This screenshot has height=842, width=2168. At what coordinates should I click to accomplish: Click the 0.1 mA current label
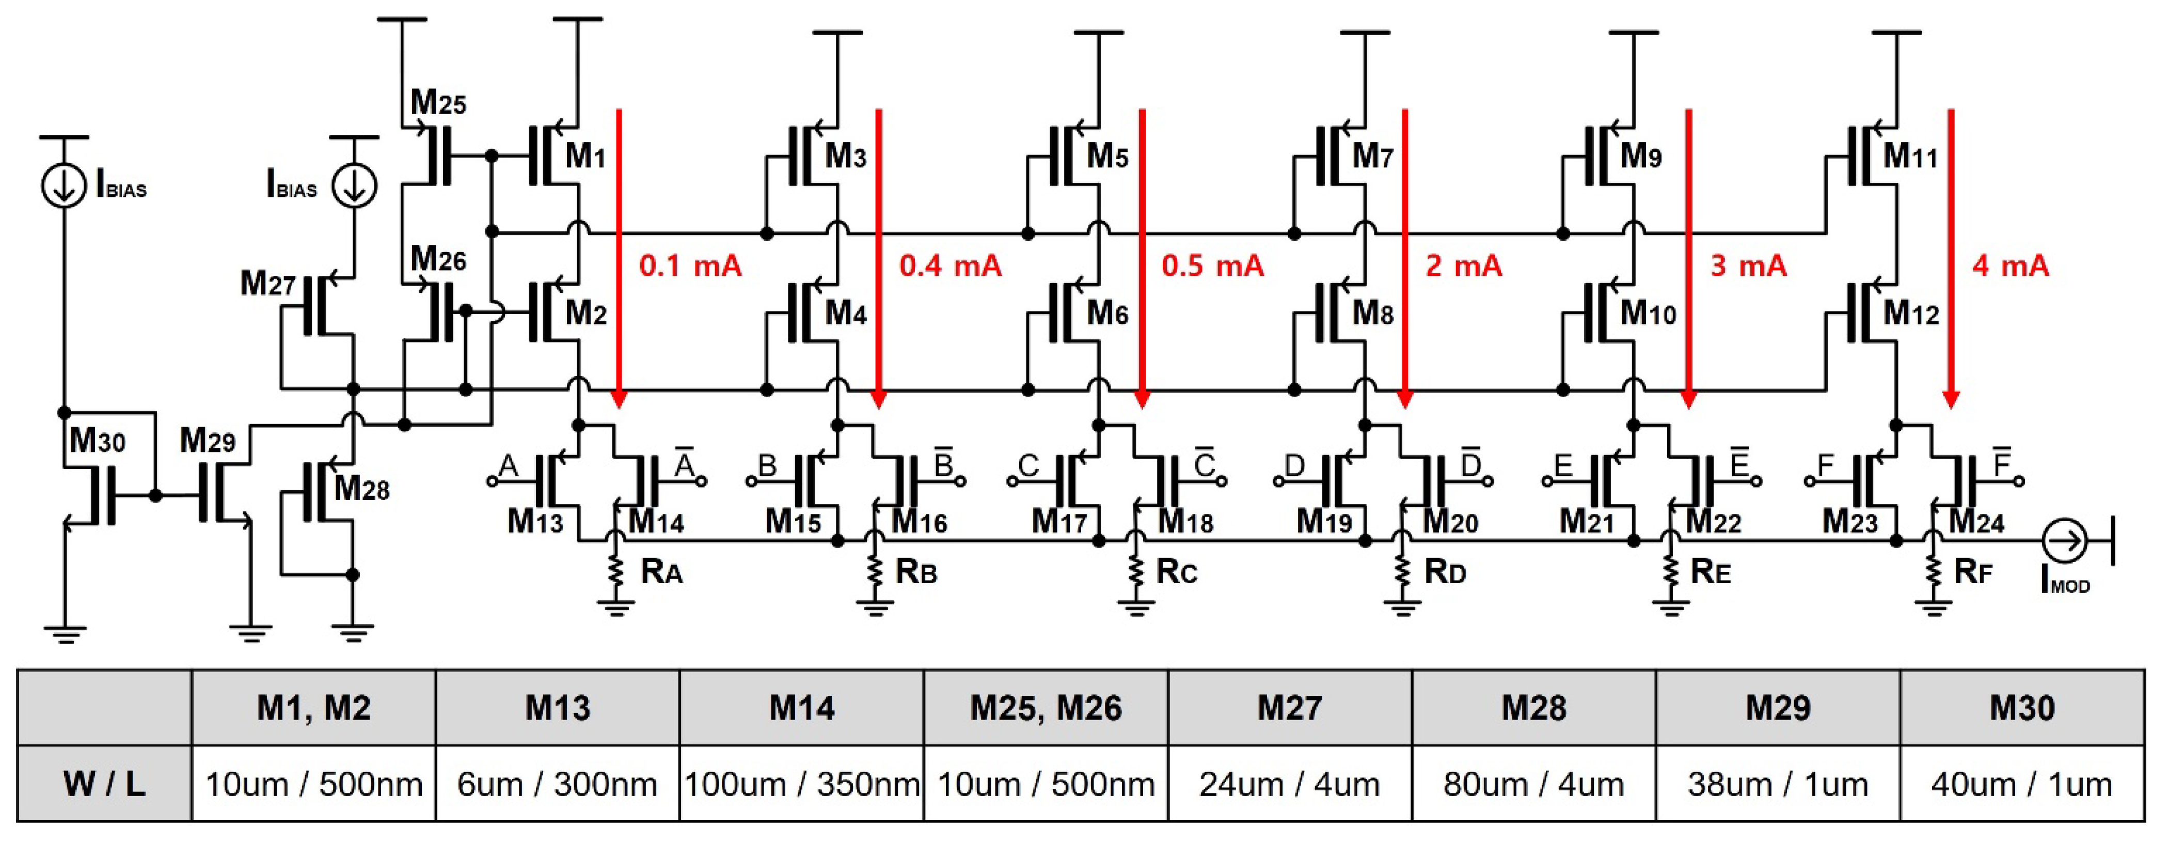(x=690, y=266)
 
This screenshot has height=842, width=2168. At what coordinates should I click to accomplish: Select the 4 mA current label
(x=2010, y=266)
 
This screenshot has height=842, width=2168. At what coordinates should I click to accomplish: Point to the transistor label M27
(x=267, y=284)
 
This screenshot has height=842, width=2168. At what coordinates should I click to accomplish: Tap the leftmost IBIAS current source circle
(x=64, y=185)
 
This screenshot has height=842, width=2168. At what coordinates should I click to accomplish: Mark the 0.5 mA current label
(x=1212, y=266)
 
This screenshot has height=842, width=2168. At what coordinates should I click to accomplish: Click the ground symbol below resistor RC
(x=1136, y=607)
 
